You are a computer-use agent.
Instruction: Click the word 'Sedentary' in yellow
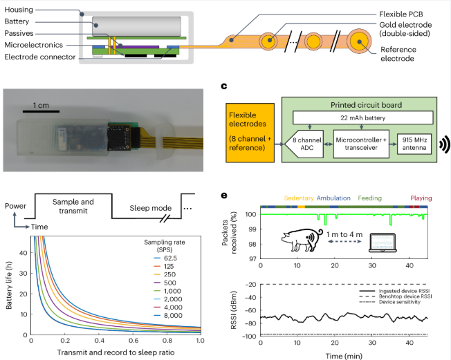[298, 198]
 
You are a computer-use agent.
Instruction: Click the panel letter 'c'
[223, 87]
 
